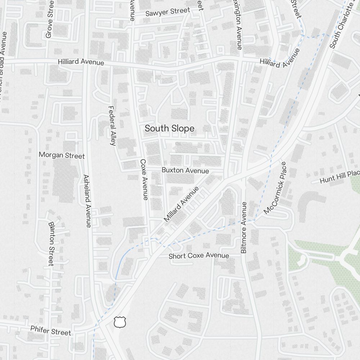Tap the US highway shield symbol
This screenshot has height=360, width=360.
120,322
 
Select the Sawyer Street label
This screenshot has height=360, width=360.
167,12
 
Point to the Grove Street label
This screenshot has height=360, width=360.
50,20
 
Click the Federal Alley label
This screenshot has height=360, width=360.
112,125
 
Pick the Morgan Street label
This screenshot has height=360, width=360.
62,155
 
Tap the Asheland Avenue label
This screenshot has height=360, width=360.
87,201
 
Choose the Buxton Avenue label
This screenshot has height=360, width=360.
185,170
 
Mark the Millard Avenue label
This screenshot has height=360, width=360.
181,204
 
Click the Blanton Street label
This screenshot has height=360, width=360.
51,243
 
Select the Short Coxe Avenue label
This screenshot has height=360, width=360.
199,256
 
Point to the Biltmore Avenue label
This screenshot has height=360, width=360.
244,227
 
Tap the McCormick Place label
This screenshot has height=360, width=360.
275,188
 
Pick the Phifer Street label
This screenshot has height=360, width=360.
51,330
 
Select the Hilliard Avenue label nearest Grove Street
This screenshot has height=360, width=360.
81,62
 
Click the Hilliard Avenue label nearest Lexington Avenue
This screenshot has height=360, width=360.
280,58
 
